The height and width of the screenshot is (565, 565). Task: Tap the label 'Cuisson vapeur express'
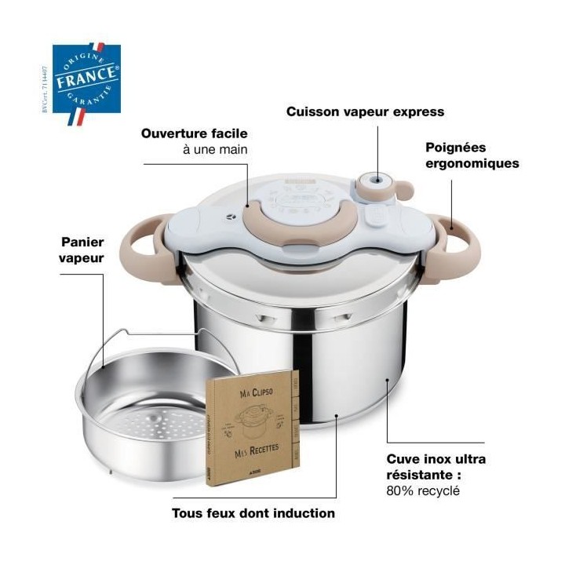click(365, 111)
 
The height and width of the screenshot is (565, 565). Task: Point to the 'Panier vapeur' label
click(82, 250)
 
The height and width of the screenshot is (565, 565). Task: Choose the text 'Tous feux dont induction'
click(253, 513)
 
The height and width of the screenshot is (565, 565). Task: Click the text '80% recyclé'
click(423, 491)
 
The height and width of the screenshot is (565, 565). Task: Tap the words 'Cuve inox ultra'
click(436, 459)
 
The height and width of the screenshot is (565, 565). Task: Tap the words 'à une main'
click(211, 149)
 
